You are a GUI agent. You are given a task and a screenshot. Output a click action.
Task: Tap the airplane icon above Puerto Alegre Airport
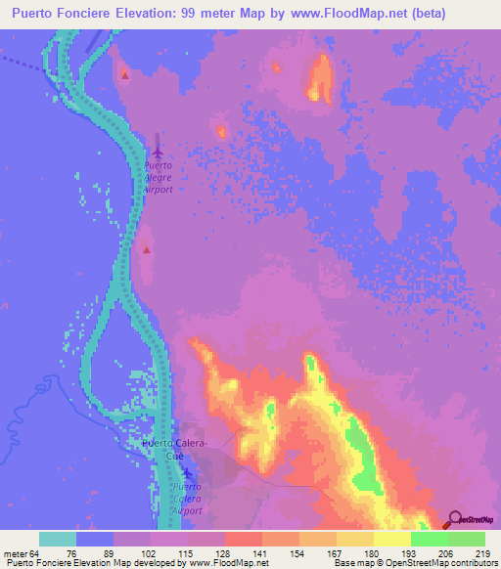pos(159,151)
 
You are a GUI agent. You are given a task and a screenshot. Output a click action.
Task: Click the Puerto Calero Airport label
pos(187,499)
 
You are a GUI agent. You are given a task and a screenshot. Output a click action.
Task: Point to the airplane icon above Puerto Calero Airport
pos(187,474)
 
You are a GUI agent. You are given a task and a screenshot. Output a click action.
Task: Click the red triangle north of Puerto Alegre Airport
pos(124,74)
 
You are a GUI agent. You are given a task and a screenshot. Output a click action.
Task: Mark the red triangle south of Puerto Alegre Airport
pos(147,249)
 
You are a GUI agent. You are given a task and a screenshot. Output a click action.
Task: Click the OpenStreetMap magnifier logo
pos(452,518)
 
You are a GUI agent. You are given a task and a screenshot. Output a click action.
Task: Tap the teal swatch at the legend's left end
pos(58,539)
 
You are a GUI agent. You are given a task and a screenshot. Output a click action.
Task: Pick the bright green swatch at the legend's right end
pos(466,539)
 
